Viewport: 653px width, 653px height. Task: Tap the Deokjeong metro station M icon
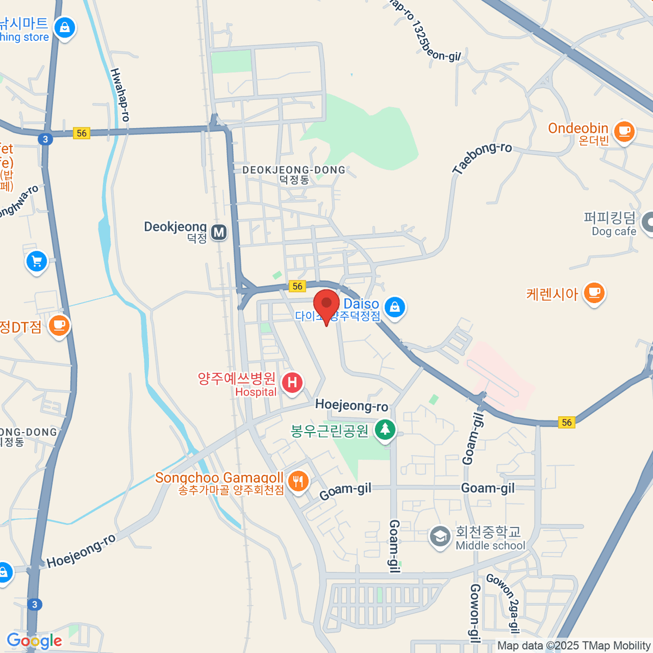(219, 232)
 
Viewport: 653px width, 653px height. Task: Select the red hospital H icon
(292, 382)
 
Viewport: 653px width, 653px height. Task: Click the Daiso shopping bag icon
(395, 307)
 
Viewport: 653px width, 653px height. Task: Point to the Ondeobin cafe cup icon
(624, 131)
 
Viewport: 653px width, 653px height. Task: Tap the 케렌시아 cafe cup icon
(594, 293)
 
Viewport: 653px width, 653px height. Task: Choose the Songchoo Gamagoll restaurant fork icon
(298, 481)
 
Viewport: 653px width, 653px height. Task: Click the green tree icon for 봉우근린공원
(385, 429)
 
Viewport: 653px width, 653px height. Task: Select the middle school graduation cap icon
(439, 537)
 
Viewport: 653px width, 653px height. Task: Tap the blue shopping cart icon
(36, 262)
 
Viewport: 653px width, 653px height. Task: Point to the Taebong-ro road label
(482, 158)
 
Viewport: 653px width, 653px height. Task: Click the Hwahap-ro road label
(120, 95)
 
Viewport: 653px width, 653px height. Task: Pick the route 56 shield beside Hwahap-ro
(82, 133)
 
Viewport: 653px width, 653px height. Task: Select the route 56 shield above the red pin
(297, 286)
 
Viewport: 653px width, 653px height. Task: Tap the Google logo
(34, 641)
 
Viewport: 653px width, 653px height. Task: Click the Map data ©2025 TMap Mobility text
(574, 646)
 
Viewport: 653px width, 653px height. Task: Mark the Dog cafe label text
(614, 231)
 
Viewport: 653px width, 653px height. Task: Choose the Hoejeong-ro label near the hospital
(352, 405)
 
